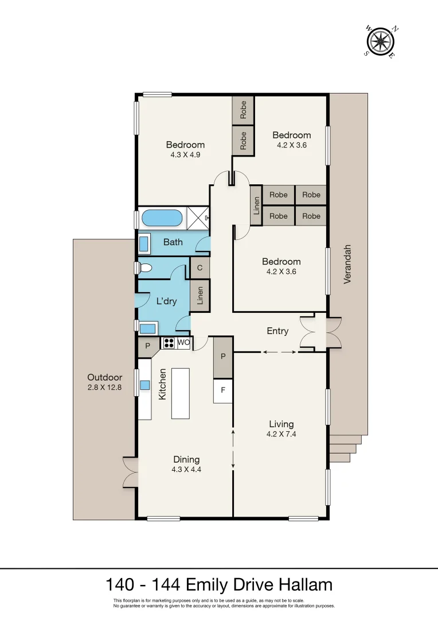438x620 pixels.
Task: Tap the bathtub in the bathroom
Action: tap(162, 218)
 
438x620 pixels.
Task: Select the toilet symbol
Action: tap(145, 268)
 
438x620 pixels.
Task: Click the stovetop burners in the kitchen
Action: tap(169, 343)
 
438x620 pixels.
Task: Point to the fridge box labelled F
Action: tap(223, 391)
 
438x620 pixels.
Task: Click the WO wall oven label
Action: tap(183, 343)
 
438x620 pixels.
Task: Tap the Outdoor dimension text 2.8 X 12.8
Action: tap(105, 387)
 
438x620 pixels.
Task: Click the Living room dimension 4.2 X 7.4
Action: tap(281, 434)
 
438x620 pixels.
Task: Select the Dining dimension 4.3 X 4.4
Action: tap(186, 469)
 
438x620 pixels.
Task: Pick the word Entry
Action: tap(277, 331)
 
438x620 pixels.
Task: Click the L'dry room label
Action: tap(167, 301)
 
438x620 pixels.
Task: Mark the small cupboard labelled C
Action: tap(200, 268)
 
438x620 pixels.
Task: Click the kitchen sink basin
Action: tap(144, 385)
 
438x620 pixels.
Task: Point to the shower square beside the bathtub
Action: tap(197, 218)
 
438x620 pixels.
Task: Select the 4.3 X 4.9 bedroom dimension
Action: tap(185, 154)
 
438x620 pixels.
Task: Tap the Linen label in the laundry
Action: tap(200, 295)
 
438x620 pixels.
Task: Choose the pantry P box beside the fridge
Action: tap(223, 356)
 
